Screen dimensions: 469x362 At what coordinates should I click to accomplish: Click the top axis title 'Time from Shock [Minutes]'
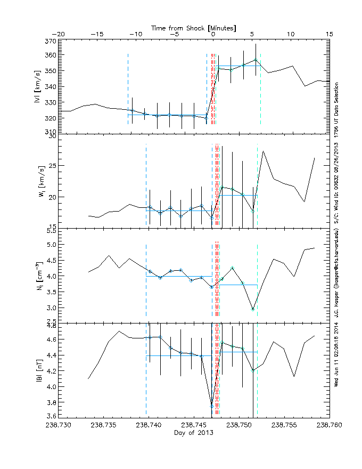(x=194, y=27)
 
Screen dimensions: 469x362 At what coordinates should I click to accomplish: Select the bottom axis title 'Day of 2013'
(x=194, y=433)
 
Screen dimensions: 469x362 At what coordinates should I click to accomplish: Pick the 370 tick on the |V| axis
(x=48, y=41)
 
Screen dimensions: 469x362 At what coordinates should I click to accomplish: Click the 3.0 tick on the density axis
(x=50, y=308)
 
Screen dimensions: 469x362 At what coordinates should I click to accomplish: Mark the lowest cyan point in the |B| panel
(x=211, y=406)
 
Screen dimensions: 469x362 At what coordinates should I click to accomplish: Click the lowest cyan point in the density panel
(x=253, y=309)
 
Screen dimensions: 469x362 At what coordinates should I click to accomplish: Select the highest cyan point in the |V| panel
(x=256, y=60)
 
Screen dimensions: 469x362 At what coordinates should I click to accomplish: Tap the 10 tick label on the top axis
(x=291, y=34)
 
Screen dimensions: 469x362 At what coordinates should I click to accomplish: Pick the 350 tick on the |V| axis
(x=48, y=71)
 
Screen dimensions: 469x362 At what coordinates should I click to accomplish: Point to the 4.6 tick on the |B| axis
(x=50, y=339)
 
